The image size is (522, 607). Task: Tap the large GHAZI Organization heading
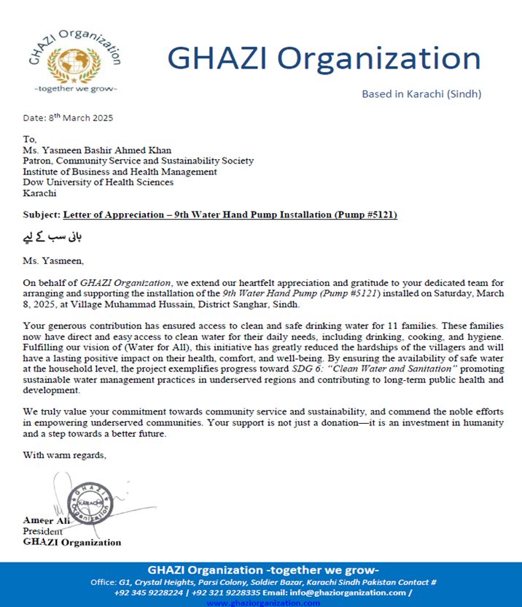[x=324, y=58]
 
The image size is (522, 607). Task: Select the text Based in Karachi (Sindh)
[x=421, y=94]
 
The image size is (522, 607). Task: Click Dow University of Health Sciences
[x=98, y=182]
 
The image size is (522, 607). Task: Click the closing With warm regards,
[x=65, y=455]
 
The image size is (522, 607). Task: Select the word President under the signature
[x=43, y=532]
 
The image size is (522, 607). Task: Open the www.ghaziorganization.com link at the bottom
[x=263, y=603]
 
